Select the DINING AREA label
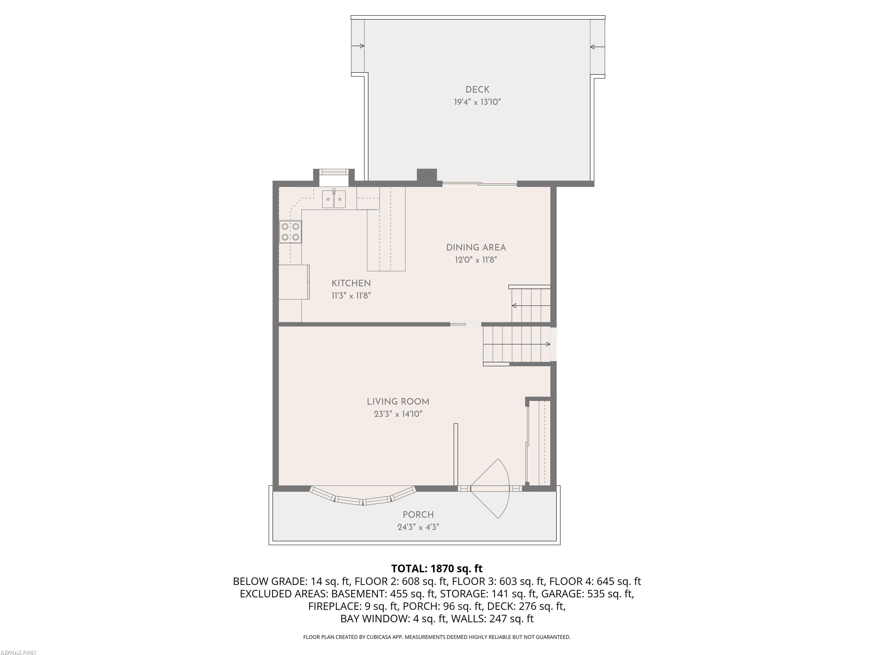[476, 248]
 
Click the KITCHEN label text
[351, 283]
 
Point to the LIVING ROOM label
[398, 401]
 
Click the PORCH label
[418, 515]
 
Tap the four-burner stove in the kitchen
[290, 232]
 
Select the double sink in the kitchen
[334, 199]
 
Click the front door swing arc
[500, 488]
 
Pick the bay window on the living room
[363, 498]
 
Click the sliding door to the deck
[479, 184]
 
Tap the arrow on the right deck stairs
[597, 47]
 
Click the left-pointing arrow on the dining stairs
[514, 305]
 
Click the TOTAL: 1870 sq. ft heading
[437, 569]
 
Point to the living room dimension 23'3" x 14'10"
[398, 414]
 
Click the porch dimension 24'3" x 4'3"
[418, 527]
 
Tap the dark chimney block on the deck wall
[427, 175]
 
